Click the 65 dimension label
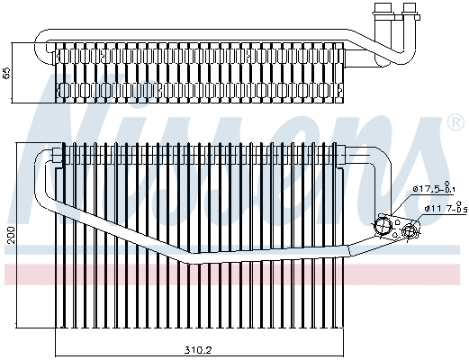6,73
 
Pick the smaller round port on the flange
410,231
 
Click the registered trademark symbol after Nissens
455,124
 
